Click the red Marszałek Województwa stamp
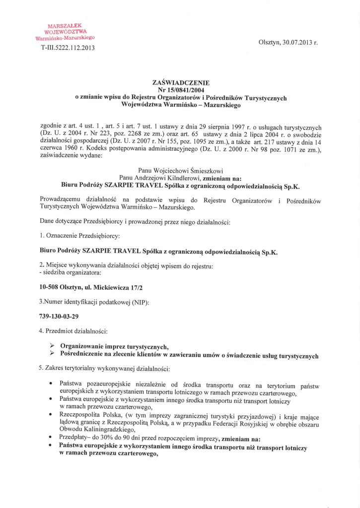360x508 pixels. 65,32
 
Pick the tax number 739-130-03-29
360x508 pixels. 59,316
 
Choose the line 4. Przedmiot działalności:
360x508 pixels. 73,330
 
